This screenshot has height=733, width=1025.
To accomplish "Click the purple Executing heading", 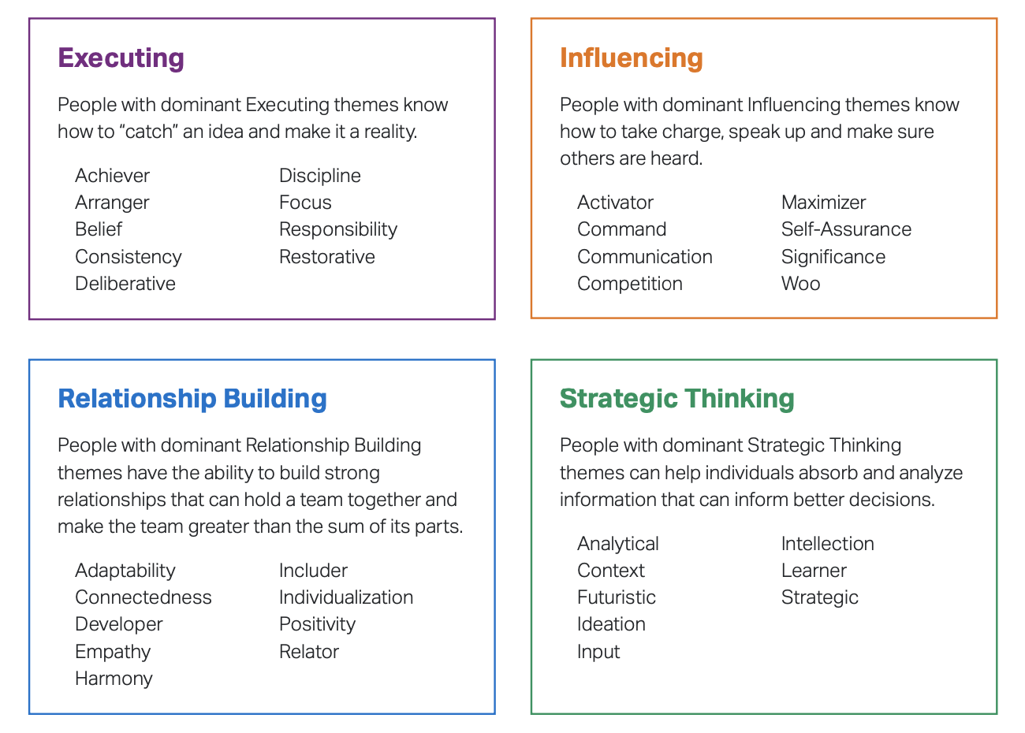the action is pos(121,58).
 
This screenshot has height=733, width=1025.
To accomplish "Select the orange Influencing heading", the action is pos(631,58).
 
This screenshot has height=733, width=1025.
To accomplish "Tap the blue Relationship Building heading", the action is pos(192,399).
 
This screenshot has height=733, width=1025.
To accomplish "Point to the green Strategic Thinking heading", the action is pos(676,399).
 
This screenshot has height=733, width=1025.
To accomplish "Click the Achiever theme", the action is pos(112,176).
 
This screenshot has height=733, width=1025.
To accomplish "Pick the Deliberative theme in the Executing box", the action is pos(125,284).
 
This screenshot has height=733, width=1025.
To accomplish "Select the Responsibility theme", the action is pos(338,229).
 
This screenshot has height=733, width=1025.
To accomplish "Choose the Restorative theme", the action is pos(327,257).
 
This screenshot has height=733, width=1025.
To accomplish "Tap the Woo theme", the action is pos(800,284).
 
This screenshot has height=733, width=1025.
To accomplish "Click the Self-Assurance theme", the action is pos(846,229).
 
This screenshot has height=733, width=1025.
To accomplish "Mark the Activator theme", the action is pos(615,203).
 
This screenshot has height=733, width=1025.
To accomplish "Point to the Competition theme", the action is pos(630,284).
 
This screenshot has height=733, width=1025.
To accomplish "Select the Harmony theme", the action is pos(114,679).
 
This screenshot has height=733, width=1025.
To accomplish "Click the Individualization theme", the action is pos(346,597).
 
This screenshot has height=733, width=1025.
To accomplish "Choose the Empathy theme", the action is pos(113,652).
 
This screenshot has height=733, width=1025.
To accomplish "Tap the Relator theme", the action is pos(309,652).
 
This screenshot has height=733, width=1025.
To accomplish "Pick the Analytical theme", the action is pos(618,544).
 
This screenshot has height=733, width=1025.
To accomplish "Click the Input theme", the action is pos(598,652).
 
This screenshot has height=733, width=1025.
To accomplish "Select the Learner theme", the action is pos(814,571).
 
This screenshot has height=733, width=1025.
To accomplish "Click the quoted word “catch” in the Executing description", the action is pos(148,132).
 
